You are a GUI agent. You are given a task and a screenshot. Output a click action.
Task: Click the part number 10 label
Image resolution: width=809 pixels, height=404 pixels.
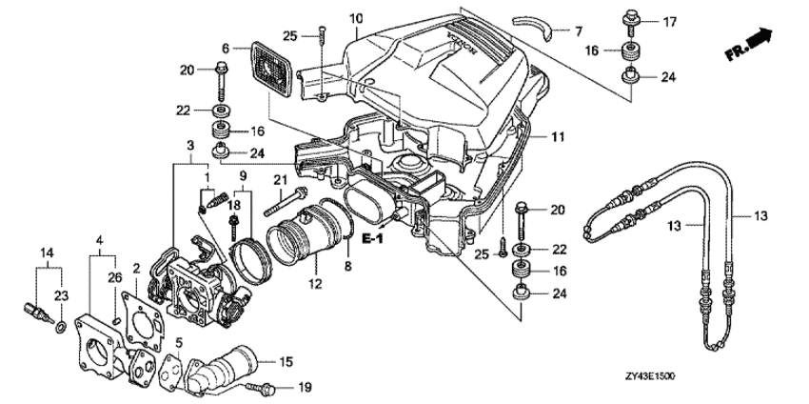pyautogui.click(x=356, y=19)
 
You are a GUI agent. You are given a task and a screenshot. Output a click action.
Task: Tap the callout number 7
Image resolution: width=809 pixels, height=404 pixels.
pyautogui.click(x=577, y=30)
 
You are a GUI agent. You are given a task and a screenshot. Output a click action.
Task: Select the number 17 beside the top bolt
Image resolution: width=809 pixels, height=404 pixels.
pyautogui.click(x=669, y=21)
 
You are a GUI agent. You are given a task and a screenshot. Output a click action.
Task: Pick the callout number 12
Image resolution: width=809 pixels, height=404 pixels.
pyautogui.click(x=316, y=282)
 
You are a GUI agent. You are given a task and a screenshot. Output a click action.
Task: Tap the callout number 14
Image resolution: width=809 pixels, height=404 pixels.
pyautogui.click(x=45, y=251)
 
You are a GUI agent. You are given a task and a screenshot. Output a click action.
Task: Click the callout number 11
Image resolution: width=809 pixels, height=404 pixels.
pyautogui.click(x=557, y=137)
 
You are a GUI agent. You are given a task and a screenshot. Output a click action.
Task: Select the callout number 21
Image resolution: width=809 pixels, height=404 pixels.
pyautogui.click(x=280, y=180)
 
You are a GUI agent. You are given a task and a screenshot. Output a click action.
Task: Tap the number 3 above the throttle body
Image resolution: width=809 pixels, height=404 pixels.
pyautogui.click(x=190, y=144)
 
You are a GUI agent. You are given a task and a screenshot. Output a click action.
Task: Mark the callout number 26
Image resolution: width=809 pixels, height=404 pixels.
pyautogui.click(x=114, y=277)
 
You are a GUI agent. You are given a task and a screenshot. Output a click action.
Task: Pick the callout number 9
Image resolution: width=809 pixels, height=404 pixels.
pyautogui.click(x=242, y=176)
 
